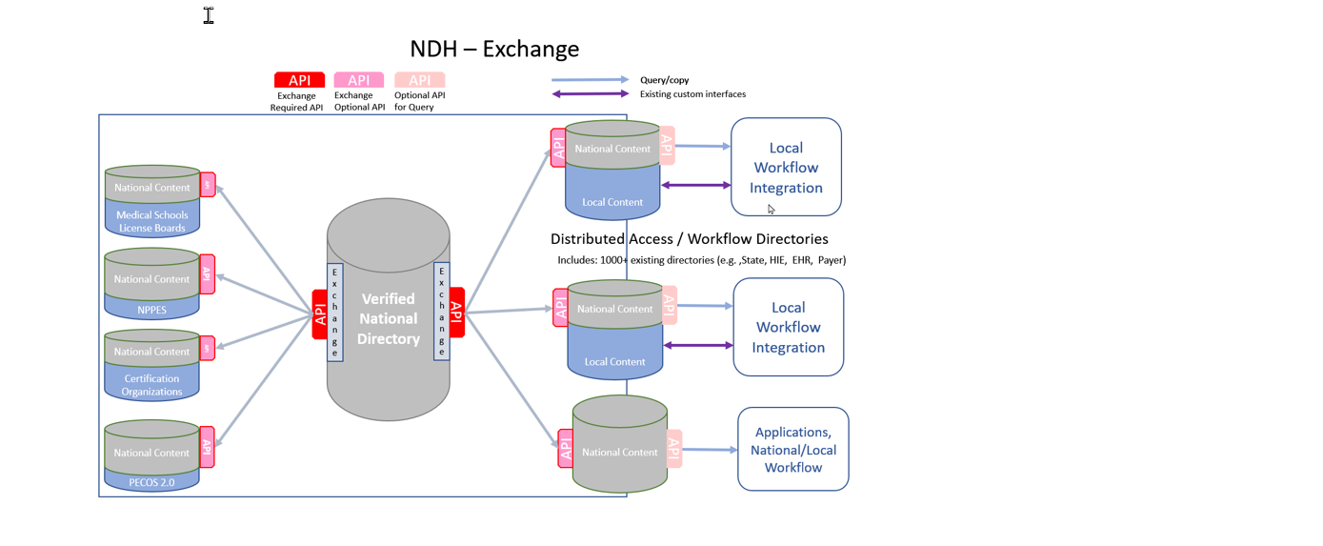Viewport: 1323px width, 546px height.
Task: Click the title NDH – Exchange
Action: (494, 49)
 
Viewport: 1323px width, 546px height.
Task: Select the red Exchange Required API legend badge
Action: (299, 80)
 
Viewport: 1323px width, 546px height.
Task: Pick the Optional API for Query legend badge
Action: (419, 80)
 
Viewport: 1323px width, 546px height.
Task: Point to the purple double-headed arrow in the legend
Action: (590, 93)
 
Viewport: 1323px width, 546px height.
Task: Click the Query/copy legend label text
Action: (664, 80)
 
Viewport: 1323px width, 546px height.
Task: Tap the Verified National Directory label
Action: (389, 318)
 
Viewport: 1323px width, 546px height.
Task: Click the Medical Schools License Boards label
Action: (152, 221)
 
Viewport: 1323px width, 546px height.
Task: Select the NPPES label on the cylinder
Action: (152, 310)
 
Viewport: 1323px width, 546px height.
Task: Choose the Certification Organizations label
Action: (152, 385)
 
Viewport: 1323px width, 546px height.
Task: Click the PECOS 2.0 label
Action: (152, 482)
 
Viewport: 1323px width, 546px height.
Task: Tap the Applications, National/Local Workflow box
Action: (792, 450)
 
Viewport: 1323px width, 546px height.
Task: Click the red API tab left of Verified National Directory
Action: (320, 313)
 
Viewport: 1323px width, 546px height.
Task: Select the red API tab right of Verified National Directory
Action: (456, 313)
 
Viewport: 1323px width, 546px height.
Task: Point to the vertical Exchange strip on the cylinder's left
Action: (334, 313)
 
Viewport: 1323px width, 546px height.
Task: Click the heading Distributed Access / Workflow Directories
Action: (689, 239)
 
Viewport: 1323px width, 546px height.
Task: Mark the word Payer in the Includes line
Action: (832, 260)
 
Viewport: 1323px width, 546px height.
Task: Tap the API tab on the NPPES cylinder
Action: (207, 274)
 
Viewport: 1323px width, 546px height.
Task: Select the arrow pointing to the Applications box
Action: (710, 449)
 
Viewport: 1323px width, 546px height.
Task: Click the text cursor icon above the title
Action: (209, 15)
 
